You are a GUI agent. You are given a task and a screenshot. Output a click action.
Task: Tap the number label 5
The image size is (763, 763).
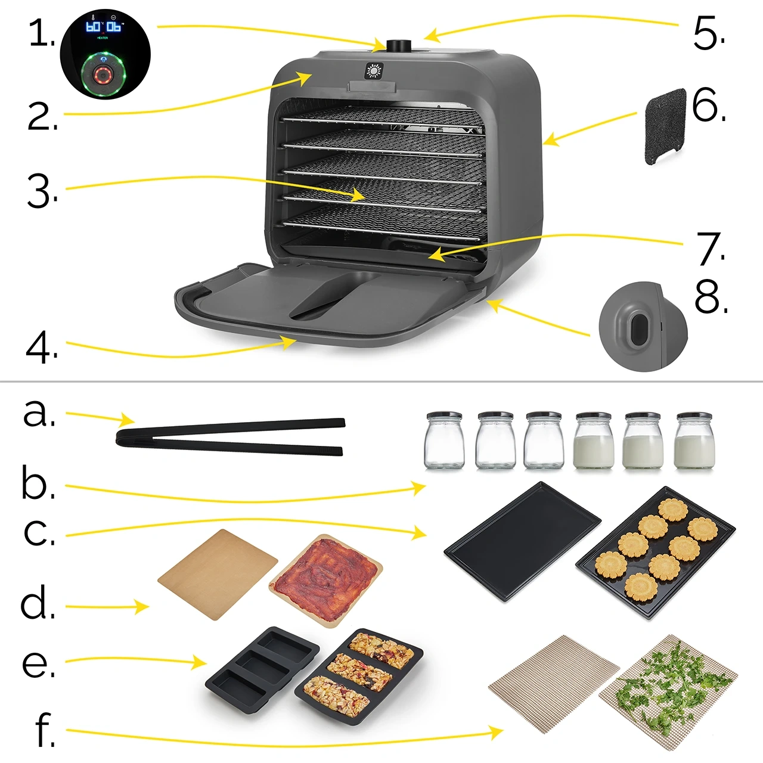tap(708, 34)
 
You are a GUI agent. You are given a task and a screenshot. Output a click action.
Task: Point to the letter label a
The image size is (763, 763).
tap(39, 413)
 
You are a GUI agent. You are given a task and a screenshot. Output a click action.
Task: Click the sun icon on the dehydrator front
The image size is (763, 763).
tap(374, 71)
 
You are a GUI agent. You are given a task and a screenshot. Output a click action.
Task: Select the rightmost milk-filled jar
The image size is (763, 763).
tap(694, 441)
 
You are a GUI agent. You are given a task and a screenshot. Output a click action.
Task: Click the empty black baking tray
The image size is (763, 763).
tap(523, 541)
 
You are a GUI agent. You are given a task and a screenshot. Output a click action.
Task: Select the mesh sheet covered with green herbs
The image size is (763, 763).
tap(668, 704)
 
